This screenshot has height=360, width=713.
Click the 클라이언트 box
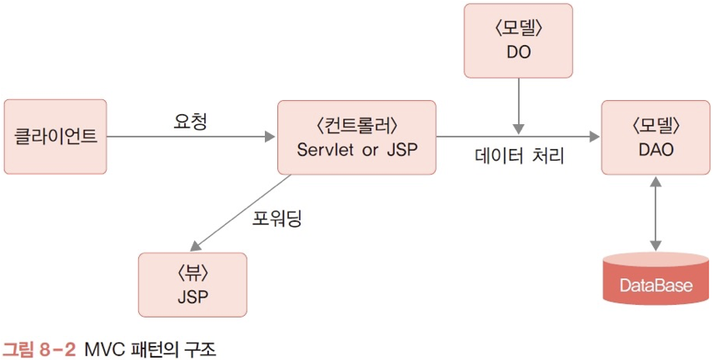56,135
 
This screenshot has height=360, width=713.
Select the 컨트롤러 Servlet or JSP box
356,137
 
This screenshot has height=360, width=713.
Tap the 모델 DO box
519,39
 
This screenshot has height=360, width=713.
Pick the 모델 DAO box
656,137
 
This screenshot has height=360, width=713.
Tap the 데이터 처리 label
519,156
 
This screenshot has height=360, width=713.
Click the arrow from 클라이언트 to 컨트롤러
192,136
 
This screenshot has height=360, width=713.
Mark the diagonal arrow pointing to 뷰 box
242,212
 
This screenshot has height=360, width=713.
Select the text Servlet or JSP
356,150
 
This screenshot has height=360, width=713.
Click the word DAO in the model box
656,150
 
